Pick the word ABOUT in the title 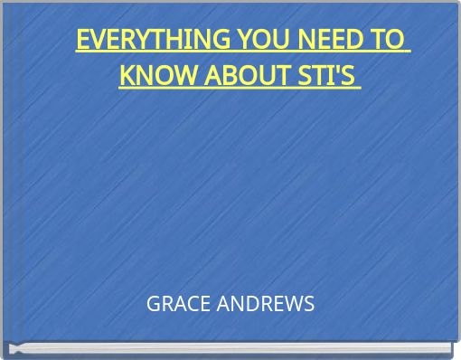pos(230,74)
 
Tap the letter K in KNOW pos(127,74)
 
